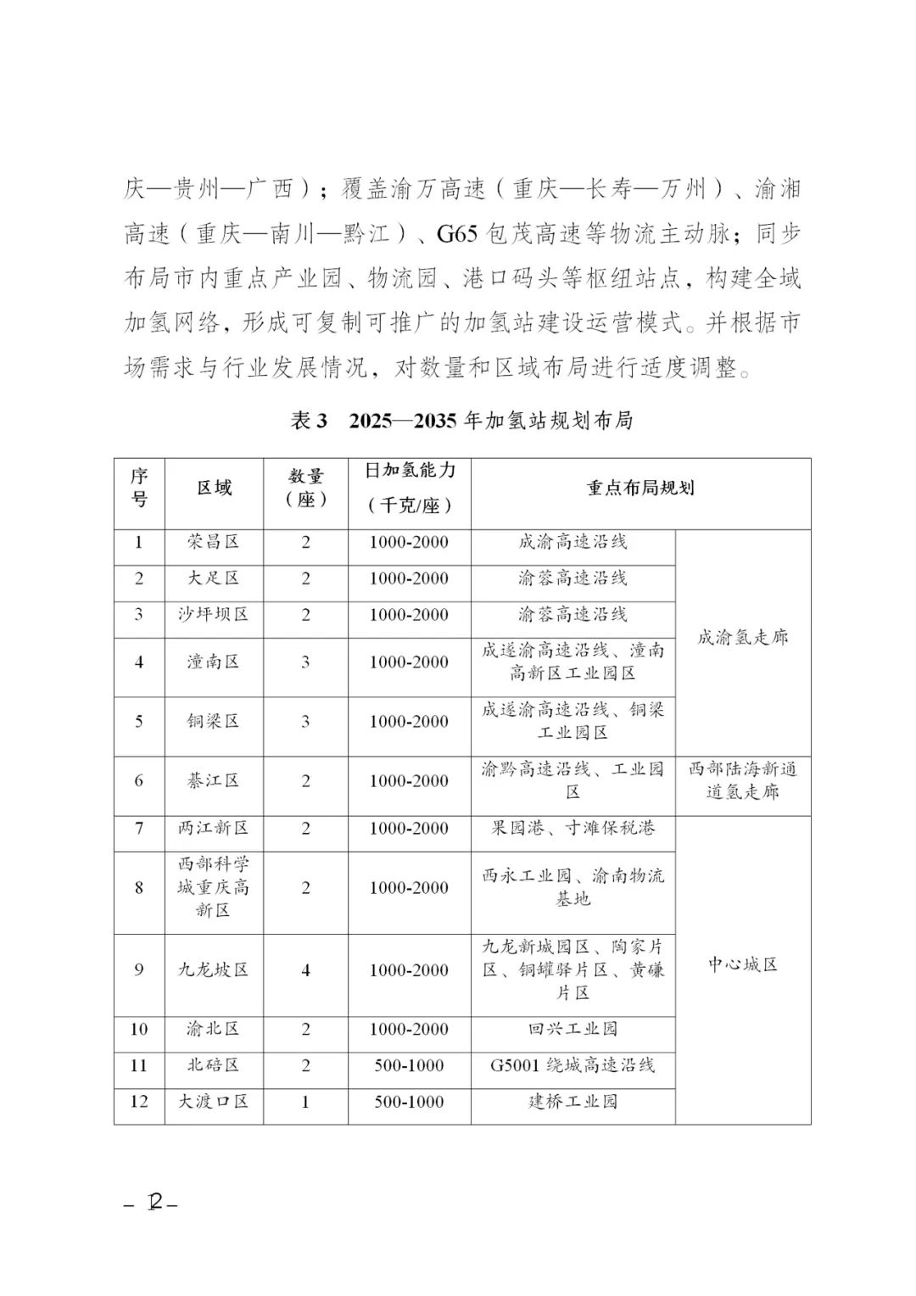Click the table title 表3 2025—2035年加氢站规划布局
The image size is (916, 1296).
462,421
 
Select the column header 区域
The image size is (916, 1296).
214,488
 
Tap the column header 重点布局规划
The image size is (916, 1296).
640,488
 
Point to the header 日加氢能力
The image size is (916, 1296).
410,471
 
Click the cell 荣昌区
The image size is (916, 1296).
214,542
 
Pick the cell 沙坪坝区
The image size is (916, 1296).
214,615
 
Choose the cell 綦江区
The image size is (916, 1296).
214,781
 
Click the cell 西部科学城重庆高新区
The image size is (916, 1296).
214,887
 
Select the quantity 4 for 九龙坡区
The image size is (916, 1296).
306,970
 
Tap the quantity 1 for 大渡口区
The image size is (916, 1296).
306,1102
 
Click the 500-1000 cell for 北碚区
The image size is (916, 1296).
410,1065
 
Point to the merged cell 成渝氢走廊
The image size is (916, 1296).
742,638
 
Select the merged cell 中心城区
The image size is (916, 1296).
742,965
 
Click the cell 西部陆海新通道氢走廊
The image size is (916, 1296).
742,781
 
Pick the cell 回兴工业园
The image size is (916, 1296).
573,1030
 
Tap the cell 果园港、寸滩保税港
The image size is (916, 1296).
573,829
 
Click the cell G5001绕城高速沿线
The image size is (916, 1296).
573,1065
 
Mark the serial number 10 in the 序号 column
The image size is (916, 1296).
139,1030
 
